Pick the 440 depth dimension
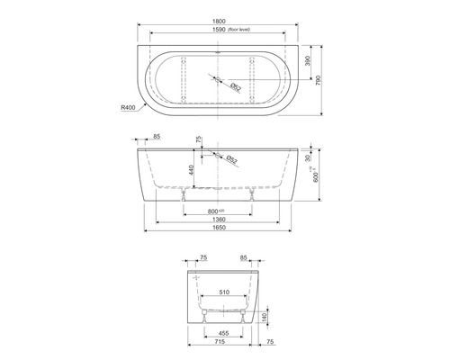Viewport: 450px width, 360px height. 191,168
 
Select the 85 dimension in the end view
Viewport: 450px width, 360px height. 242,257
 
